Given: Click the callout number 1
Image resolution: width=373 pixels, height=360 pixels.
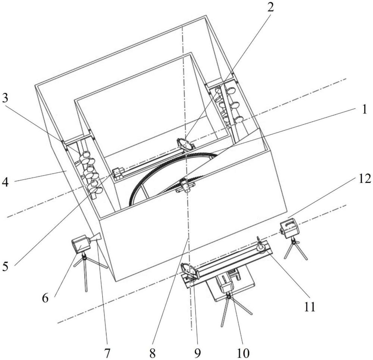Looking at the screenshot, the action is click(x=364, y=110).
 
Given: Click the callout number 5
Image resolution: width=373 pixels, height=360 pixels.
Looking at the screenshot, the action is click(x=5, y=266).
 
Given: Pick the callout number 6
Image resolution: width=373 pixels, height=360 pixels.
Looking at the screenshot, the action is click(x=45, y=298).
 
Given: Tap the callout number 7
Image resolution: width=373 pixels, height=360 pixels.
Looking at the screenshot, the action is click(x=107, y=354).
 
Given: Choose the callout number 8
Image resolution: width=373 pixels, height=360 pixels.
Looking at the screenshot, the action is click(x=153, y=354).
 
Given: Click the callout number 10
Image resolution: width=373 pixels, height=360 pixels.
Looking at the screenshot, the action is click(x=243, y=354).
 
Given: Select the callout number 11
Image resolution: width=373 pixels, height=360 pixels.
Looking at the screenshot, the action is click(x=310, y=307).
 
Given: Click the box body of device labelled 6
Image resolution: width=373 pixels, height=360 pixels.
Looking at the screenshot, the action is click(x=81, y=243).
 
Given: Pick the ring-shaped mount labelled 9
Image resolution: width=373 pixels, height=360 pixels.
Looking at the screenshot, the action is click(x=189, y=271).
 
